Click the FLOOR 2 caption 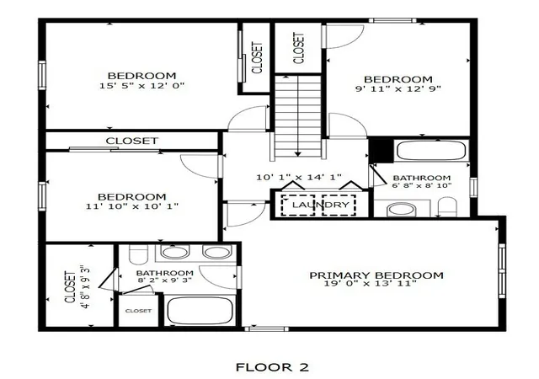click(272, 367)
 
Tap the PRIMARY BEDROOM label click(376, 275)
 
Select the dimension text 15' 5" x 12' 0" click(142, 85)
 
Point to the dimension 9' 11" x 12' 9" click(398, 88)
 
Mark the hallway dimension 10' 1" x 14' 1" click(299, 177)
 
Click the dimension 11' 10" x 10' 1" click(132, 206)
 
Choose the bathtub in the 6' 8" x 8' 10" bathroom click(431, 151)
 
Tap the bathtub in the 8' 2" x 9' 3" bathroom click(200, 311)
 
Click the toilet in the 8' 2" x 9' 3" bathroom click(139, 254)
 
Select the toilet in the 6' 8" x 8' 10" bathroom click(447, 207)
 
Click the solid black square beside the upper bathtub click(381, 150)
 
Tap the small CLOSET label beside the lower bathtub click(138, 311)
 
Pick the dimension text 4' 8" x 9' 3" click(87, 286)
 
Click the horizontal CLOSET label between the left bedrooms click(132, 141)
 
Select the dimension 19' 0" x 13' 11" click(371, 283)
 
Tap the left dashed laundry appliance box click(298, 206)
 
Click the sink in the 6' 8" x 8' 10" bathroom click(401, 210)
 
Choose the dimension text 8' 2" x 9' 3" click(165, 280)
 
